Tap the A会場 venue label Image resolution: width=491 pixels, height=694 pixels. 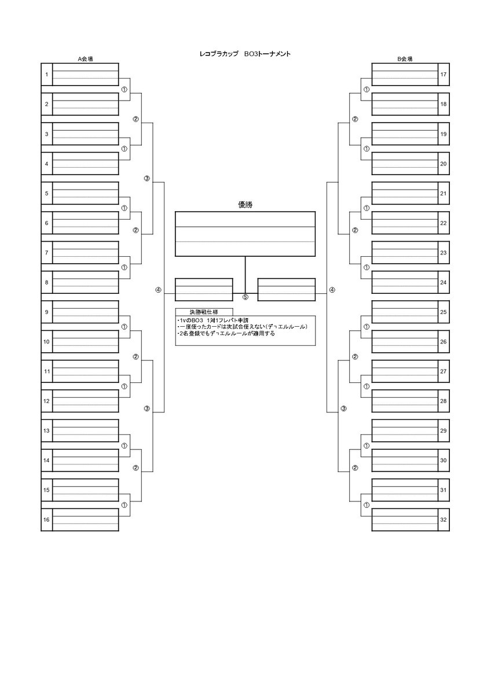(86, 59)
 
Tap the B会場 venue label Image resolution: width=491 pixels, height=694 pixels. (405, 59)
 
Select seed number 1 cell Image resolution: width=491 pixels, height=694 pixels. (46, 75)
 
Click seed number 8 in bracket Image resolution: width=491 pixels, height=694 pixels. (46, 282)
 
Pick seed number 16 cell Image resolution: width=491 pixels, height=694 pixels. (46, 520)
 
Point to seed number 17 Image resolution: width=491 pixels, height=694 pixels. (444, 75)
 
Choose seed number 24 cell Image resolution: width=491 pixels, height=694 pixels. (444, 282)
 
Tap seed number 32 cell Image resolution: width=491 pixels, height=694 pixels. (444, 520)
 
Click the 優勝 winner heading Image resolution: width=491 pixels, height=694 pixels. (245, 205)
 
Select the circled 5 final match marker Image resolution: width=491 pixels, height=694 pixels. (245, 297)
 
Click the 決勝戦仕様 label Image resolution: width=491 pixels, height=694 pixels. (196, 311)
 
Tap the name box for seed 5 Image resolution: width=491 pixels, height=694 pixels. (85, 193)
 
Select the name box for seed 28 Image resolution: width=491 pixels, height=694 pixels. (405, 401)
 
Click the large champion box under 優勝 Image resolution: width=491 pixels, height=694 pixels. (245, 234)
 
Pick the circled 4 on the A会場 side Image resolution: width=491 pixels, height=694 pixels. (157, 290)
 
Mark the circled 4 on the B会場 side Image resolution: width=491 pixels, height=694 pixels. (332, 290)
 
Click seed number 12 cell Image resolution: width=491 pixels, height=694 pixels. (46, 401)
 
